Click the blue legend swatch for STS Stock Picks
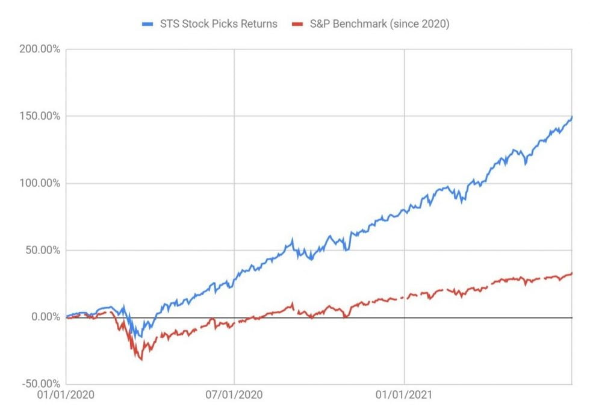click(148, 24)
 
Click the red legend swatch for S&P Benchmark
click(295, 24)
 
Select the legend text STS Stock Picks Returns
click(218, 24)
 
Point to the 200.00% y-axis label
click(36, 49)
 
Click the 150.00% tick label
click(36, 116)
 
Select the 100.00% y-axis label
click(36, 183)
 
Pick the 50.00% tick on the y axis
click(39, 250)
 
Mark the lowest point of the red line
click(141, 360)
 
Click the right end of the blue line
click(571, 117)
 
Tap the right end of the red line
click(571, 273)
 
